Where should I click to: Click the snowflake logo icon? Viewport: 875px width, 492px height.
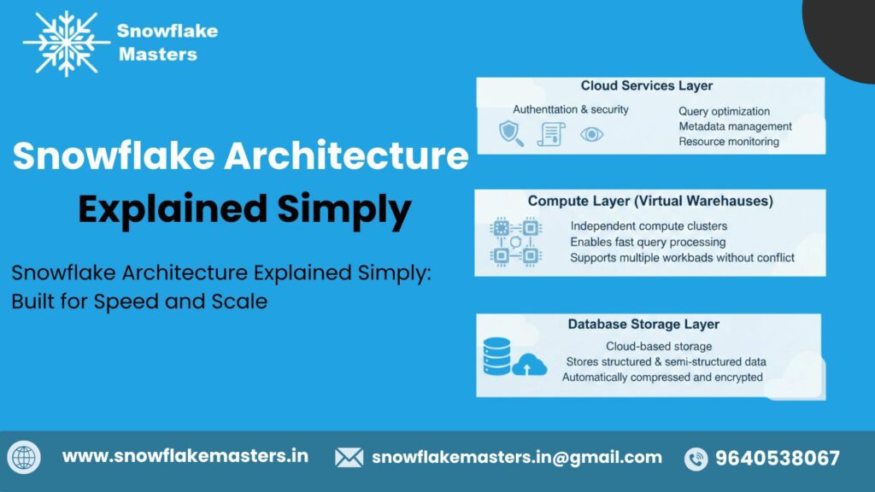(x=66, y=43)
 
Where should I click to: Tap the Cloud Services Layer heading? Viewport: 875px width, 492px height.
(x=646, y=86)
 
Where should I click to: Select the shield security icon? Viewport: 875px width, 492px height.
(x=511, y=132)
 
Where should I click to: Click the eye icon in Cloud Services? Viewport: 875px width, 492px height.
(x=591, y=134)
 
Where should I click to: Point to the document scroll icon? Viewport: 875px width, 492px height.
(x=551, y=133)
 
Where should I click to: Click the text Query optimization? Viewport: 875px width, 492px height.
(x=724, y=111)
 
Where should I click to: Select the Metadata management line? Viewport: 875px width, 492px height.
(x=735, y=126)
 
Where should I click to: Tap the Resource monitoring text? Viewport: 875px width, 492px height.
(x=728, y=142)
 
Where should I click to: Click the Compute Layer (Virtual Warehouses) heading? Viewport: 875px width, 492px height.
(x=650, y=202)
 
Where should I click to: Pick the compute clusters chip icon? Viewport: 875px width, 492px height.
(x=515, y=241)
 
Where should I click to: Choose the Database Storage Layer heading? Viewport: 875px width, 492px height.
(x=643, y=325)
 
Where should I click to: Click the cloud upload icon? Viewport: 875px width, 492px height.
(x=530, y=365)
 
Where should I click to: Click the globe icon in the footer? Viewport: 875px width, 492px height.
(x=25, y=458)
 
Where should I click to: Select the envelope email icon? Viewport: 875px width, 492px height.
(x=349, y=458)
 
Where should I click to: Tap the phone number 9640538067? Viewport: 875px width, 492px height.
(x=777, y=458)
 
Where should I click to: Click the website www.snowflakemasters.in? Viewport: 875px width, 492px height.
(x=185, y=456)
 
